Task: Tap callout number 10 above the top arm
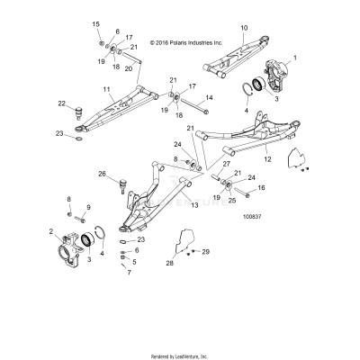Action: [x=243, y=29]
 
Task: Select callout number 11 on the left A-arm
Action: [x=105, y=89]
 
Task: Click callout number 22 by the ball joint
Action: [x=62, y=103]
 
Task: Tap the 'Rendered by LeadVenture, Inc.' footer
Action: [x=179, y=355]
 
